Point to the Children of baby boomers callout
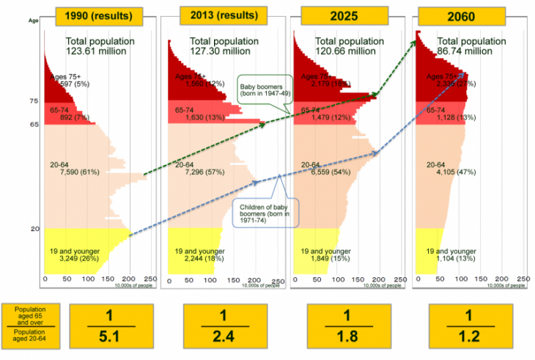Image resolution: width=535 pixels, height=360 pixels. point(263,213)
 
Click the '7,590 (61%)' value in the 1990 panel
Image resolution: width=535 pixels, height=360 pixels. point(75,174)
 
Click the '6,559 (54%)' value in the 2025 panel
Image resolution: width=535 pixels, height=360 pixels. point(320,174)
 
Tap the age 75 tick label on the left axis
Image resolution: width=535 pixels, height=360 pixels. point(33,100)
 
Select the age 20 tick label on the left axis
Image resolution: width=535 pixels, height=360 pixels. point(34,229)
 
